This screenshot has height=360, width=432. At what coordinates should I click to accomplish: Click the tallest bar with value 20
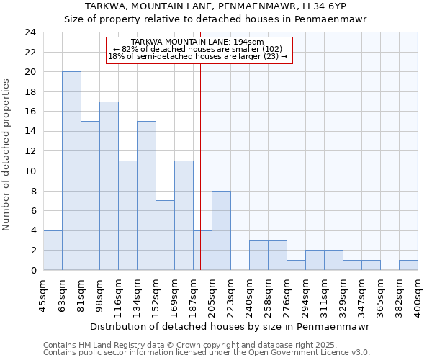click(x=71, y=171)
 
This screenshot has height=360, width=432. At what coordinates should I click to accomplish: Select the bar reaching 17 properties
click(x=109, y=186)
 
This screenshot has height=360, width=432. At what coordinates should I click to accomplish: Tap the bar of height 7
click(x=165, y=235)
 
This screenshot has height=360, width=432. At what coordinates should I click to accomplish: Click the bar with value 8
click(x=221, y=230)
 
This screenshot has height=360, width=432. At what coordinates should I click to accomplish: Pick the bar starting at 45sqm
click(x=53, y=250)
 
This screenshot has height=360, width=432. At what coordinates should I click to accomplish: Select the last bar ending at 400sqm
click(x=408, y=265)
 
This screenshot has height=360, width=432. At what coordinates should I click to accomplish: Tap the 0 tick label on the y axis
click(x=33, y=270)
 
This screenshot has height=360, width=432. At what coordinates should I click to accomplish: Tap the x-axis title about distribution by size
click(x=230, y=326)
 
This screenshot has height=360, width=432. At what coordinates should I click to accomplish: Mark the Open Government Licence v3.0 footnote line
click(x=207, y=353)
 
